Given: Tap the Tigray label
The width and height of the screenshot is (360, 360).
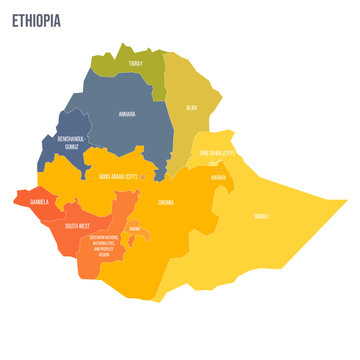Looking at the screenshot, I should [136, 63].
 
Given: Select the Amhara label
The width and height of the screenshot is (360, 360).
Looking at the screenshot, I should [127, 114].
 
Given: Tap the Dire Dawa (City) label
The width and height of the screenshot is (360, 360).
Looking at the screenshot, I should [214, 153].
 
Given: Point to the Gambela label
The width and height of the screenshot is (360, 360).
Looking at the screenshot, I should [39, 200].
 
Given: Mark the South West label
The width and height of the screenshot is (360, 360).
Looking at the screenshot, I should [78, 226].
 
